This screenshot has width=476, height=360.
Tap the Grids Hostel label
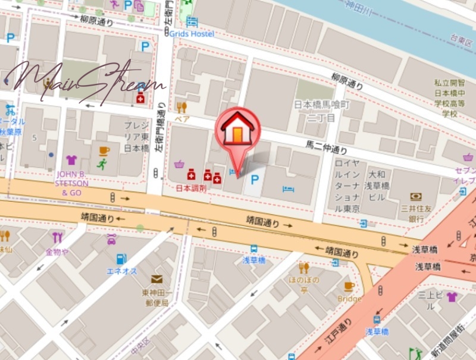click(x=192, y=33)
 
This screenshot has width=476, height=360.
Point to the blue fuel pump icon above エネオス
click(x=121, y=259)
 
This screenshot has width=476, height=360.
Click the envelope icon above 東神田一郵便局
click(x=156, y=278)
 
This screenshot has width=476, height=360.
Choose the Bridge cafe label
click(x=349, y=299)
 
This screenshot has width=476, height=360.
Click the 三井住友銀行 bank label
click(x=416, y=213)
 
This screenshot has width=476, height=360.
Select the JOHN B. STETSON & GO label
click(x=72, y=183)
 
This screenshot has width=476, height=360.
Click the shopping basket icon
click(x=178, y=164)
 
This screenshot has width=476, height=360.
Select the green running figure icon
click(x=102, y=165)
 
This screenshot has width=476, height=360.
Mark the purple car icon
click(x=111, y=239)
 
